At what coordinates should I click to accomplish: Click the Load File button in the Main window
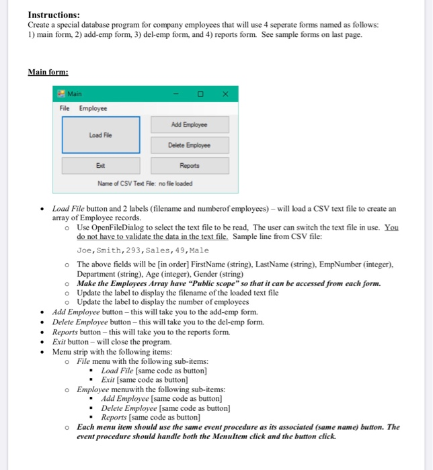(x=101, y=134)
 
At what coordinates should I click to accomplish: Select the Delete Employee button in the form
(x=190, y=144)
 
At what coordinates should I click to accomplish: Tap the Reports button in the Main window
(x=190, y=165)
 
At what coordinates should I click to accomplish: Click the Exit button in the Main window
(x=101, y=165)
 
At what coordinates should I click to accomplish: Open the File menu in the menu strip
(x=65, y=108)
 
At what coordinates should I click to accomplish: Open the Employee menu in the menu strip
(x=93, y=108)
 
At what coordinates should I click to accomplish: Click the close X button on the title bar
(x=225, y=93)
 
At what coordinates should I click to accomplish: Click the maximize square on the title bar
(x=200, y=93)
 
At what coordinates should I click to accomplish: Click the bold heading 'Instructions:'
(x=54, y=15)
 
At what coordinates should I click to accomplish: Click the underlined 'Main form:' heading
(x=48, y=72)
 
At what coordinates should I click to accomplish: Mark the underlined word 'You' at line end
(x=391, y=228)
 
